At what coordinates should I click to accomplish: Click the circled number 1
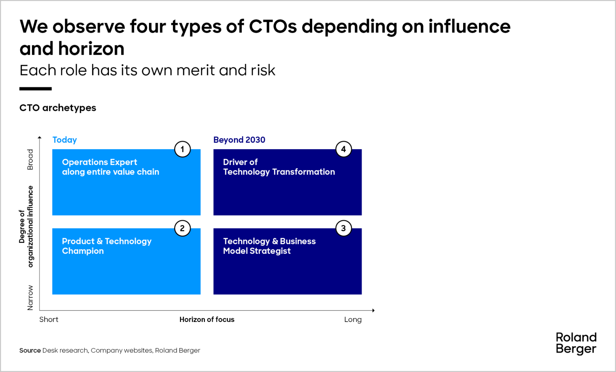(x=182, y=149)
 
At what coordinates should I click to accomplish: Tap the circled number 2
(x=182, y=229)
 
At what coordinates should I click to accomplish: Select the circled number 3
(x=343, y=229)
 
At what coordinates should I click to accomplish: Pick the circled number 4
(x=343, y=149)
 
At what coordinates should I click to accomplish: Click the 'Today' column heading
(x=65, y=140)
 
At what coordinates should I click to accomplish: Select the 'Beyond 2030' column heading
(x=239, y=140)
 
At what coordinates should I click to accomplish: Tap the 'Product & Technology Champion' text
(x=107, y=246)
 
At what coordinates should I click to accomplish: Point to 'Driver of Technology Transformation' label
(x=279, y=167)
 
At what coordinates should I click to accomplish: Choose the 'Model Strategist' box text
(x=257, y=251)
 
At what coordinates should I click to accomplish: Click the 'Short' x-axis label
(x=49, y=320)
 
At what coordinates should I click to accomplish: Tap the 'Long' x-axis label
(x=353, y=320)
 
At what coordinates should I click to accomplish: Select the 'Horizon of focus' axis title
(x=207, y=320)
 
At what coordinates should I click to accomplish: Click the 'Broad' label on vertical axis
(x=30, y=159)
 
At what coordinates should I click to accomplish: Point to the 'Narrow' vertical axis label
(x=30, y=298)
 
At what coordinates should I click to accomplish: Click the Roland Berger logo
(x=576, y=343)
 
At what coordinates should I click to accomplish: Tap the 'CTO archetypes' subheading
(x=58, y=108)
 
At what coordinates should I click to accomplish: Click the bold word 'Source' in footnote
(x=30, y=350)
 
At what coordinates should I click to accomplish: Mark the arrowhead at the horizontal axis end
(x=373, y=310)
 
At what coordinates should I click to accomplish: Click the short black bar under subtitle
(x=35, y=89)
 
